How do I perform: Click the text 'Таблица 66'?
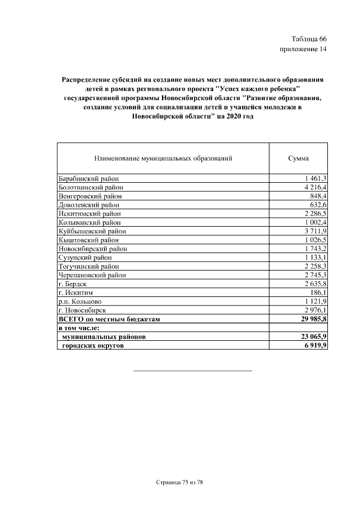[x=309, y=39]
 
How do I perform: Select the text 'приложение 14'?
[x=303, y=49]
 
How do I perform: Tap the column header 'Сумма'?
[x=298, y=159]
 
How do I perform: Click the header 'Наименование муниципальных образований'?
[x=163, y=159]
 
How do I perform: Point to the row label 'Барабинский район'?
[x=88, y=178]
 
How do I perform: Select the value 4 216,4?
[x=315, y=187]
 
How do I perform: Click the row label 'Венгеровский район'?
[x=90, y=196]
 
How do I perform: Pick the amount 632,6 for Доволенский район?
[x=318, y=205]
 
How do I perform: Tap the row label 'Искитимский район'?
[x=89, y=214]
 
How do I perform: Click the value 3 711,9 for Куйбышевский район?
[x=315, y=231]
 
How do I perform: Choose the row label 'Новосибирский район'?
[x=93, y=249]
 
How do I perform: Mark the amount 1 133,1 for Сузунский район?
[x=315, y=258]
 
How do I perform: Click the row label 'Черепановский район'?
[x=92, y=275]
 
